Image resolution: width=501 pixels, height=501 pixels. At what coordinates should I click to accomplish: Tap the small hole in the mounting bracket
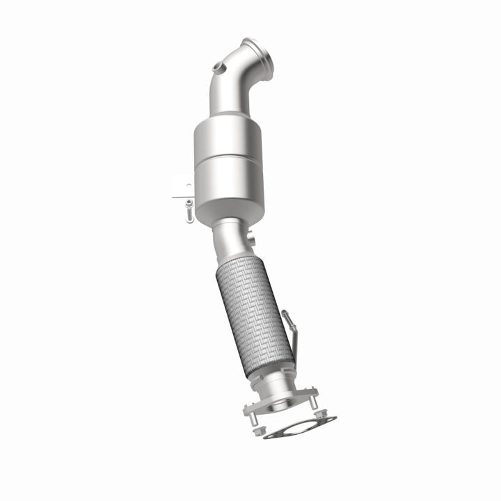(186, 186)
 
